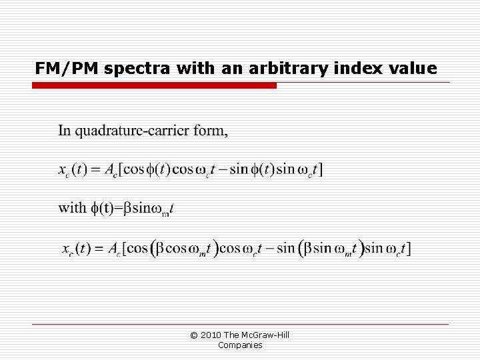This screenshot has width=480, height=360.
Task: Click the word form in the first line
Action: click(x=209, y=131)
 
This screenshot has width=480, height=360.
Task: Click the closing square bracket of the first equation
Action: click(x=323, y=169)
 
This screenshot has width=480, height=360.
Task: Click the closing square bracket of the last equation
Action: click(x=409, y=249)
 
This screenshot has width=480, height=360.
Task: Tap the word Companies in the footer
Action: click(x=240, y=345)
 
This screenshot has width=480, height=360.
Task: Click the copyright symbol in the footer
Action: click(x=194, y=335)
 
